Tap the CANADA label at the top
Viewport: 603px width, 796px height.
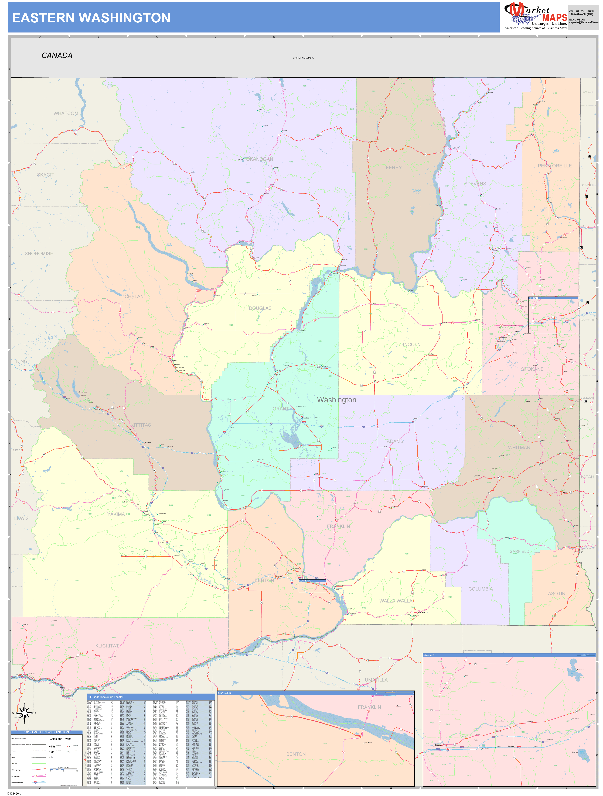[57, 55]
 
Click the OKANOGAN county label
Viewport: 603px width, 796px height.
[260, 159]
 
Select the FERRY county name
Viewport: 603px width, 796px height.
[394, 168]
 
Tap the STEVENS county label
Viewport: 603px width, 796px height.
[475, 184]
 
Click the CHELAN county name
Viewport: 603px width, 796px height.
[134, 297]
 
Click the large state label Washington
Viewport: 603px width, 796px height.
[337, 400]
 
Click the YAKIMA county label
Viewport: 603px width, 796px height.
[116, 514]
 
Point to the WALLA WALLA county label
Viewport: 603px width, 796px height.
[396, 601]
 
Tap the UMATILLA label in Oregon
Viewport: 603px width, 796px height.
[376, 680]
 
